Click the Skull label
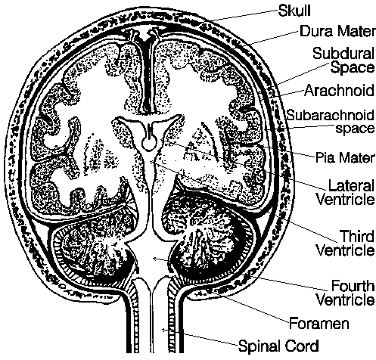[x=294, y=11]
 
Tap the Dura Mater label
[x=337, y=32]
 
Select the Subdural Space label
[x=343, y=61]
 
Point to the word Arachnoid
[x=339, y=90]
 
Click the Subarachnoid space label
[x=331, y=122]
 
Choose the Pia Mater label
[x=345, y=157]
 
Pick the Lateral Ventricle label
[x=346, y=193]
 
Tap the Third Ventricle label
[x=346, y=243]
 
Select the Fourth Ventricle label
[x=346, y=293]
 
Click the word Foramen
[x=319, y=323]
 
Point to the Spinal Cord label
[x=278, y=346]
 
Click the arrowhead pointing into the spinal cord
[x=164, y=330]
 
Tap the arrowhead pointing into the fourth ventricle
[x=154, y=259]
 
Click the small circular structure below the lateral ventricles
[x=148, y=144]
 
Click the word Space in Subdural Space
[x=353, y=67]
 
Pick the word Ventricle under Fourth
[x=346, y=300]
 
